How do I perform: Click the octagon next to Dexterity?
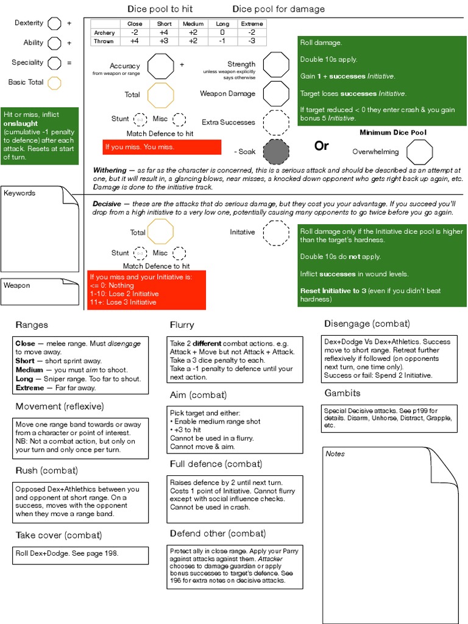(x=54, y=24)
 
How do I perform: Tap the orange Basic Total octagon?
(x=54, y=83)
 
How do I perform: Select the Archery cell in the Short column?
(x=164, y=32)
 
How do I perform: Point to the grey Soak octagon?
(x=275, y=151)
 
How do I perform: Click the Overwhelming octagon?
(x=420, y=151)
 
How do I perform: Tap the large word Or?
(x=321, y=146)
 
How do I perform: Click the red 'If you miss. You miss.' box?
(x=161, y=147)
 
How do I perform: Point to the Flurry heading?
(x=182, y=325)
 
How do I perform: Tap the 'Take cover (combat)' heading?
(x=58, y=536)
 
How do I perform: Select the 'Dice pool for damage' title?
(x=278, y=9)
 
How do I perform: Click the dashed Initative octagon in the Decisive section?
(x=275, y=233)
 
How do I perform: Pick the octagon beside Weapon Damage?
(x=275, y=94)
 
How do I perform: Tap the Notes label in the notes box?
(x=335, y=454)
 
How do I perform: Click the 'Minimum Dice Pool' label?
(x=393, y=132)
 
